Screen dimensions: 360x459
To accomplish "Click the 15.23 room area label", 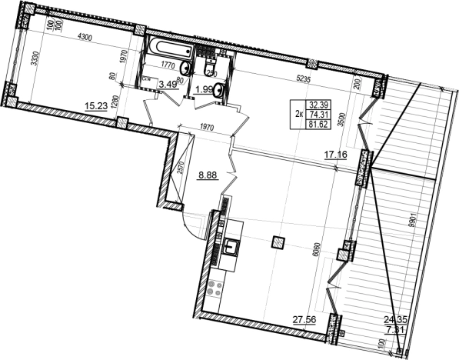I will pos(95,107).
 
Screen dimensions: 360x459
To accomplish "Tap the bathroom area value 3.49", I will pos(168,84).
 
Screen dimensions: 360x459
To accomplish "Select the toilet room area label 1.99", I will pos(205,90).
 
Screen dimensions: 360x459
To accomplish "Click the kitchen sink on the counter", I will pos(231,248).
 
